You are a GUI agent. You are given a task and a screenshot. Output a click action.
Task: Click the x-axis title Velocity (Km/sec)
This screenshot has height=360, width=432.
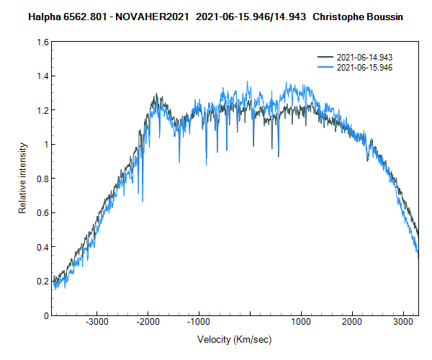click(234, 339)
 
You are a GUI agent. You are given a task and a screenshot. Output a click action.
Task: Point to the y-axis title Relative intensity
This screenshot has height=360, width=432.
click(23, 179)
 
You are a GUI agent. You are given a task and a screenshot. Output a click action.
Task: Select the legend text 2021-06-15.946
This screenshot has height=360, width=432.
click(364, 67)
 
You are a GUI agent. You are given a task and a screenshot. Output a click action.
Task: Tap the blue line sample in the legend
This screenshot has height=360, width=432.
click(326, 67)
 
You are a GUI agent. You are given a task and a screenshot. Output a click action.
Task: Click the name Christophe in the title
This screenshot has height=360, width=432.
click(338, 15)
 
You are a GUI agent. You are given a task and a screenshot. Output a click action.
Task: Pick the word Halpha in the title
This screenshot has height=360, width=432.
click(45, 15)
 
